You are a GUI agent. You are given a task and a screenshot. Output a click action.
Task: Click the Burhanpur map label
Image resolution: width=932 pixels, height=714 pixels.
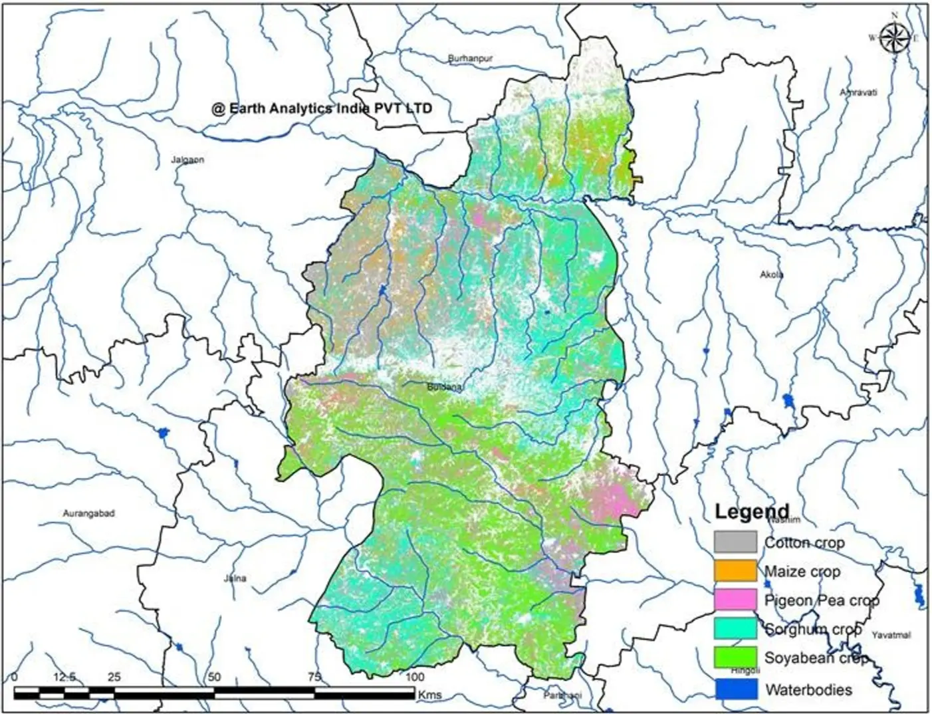click(471, 59)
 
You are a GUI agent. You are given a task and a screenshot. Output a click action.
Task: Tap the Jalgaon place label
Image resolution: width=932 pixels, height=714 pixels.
click(188, 160)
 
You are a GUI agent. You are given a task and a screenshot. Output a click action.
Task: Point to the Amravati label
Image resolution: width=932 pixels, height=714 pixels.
click(858, 92)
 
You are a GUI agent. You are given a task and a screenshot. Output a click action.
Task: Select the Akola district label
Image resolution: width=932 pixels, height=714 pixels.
click(771, 274)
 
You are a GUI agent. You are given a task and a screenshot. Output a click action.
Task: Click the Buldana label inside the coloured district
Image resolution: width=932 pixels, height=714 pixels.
click(444, 386)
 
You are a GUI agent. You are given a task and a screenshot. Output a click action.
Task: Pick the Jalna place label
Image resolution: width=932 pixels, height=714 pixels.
click(235, 578)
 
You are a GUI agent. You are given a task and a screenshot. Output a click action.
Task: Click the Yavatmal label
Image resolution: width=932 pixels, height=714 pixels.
click(891, 635)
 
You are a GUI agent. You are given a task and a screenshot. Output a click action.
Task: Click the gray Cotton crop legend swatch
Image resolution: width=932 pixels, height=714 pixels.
click(735, 542)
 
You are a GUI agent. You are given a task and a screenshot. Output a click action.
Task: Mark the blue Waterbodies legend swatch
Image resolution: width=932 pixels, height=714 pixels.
click(735, 688)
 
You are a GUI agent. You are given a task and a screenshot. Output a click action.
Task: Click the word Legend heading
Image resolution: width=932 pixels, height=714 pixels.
click(752, 512)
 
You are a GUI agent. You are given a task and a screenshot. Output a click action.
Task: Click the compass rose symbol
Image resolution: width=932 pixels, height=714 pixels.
click(895, 37)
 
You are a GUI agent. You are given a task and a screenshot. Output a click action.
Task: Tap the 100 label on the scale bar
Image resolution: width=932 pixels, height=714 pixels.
click(414, 677)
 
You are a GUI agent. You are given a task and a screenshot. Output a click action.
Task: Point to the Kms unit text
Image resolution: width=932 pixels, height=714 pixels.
click(429, 695)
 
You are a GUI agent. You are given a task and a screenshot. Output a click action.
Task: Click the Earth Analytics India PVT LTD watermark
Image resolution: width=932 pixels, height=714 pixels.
click(322, 108)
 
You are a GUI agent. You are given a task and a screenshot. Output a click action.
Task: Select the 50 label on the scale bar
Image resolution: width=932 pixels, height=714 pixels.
click(214, 677)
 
